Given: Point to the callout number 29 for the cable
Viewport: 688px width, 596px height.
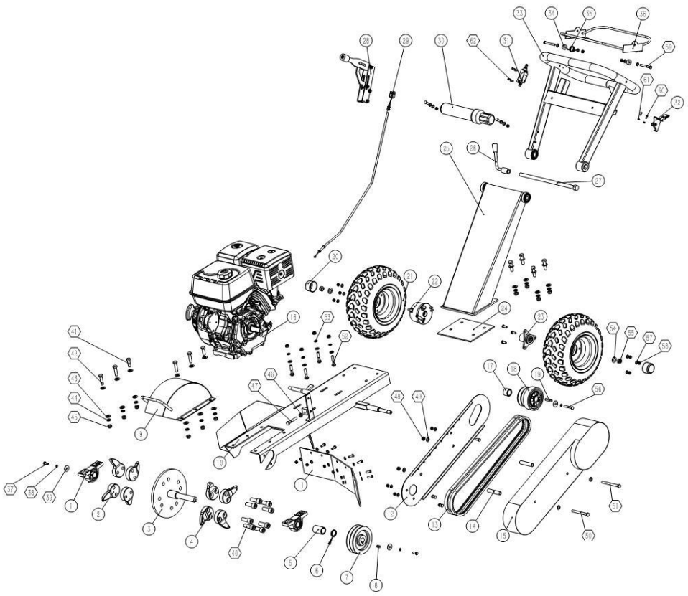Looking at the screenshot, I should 407,42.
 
